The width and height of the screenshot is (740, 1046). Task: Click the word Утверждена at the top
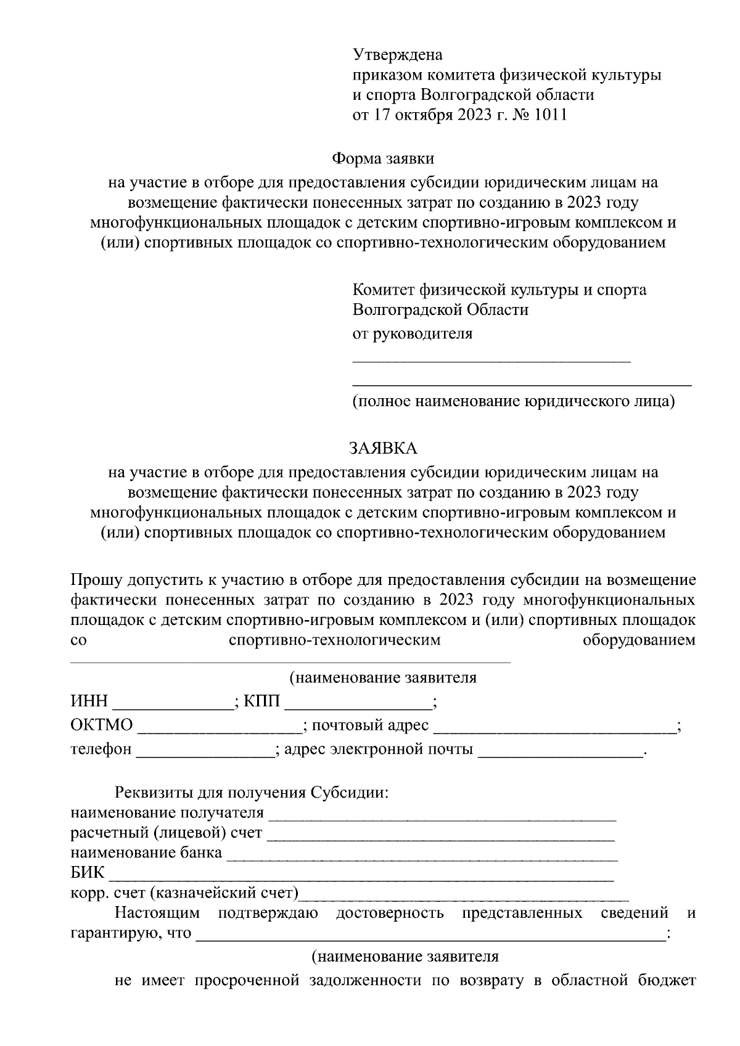(x=397, y=55)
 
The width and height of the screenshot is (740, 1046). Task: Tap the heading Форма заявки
(x=383, y=158)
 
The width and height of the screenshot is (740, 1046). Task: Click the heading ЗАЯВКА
(x=383, y=448)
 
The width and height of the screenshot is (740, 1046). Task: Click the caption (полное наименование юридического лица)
(x=514, y=402)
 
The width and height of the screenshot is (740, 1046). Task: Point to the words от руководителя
(x=412, y=334)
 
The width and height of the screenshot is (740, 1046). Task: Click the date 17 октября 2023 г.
(x=431, y=115)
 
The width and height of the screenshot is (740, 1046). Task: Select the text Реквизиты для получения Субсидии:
(x=252, y=792)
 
